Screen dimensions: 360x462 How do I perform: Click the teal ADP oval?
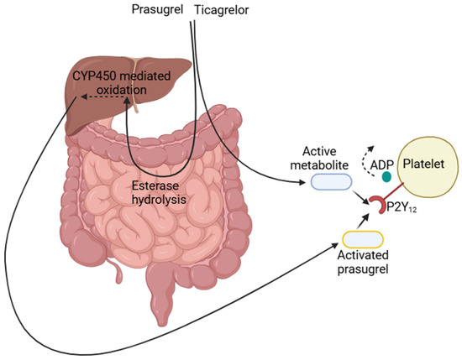pos(387,177)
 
